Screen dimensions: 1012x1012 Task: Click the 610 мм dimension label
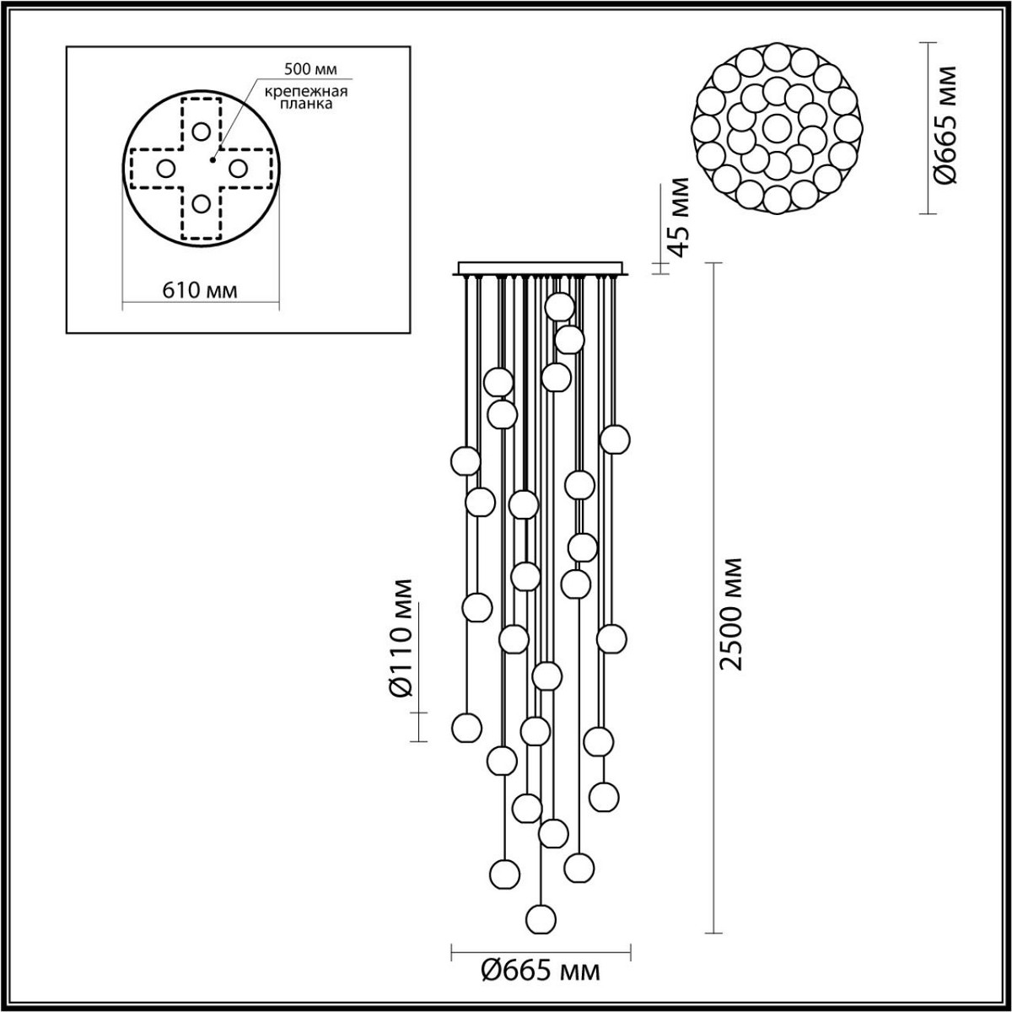[x=201, y=291]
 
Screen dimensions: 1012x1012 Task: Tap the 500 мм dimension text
[x=307, y=70]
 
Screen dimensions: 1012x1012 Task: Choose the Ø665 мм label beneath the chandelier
[x=541, y=972]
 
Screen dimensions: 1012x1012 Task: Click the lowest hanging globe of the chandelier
[x=541, y=918]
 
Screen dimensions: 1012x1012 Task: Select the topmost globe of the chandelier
[x=560, y=306]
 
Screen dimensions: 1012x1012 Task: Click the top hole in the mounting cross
[x=201, y=132]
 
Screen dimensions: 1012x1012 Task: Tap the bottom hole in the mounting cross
[x=201, y=203]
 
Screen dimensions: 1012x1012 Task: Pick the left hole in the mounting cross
[x=165, y=168]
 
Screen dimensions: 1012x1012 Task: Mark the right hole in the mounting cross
[x=238, y=168]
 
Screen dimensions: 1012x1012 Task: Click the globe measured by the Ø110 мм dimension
[x=466, y=727]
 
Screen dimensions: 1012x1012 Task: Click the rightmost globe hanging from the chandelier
[x=616, y=439]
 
